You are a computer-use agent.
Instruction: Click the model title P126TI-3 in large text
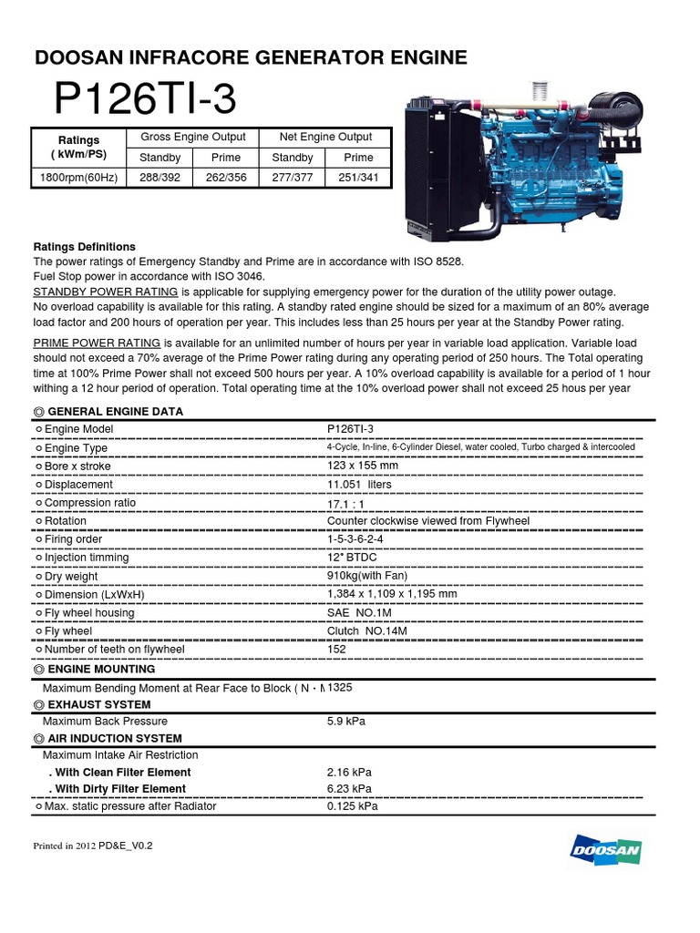tap(146, 99)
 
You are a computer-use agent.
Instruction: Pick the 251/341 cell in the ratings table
tap(358, 178)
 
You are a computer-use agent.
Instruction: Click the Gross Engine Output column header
tap(192, 138)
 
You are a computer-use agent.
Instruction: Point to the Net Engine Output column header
tap(325, 138)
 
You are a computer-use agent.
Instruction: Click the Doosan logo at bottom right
tap(606, 851)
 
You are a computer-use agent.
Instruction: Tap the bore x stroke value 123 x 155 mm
tap(363, 466)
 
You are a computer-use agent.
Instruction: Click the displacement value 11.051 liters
tap(359, 485)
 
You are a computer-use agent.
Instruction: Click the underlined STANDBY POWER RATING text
tap(105, 292)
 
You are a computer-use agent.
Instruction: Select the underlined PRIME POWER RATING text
tap(97, 343)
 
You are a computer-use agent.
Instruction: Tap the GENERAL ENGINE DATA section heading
tap(115, 412)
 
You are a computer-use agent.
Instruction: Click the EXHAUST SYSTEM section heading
tap(99, 705)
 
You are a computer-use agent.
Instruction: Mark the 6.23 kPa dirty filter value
tap(349, 789)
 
